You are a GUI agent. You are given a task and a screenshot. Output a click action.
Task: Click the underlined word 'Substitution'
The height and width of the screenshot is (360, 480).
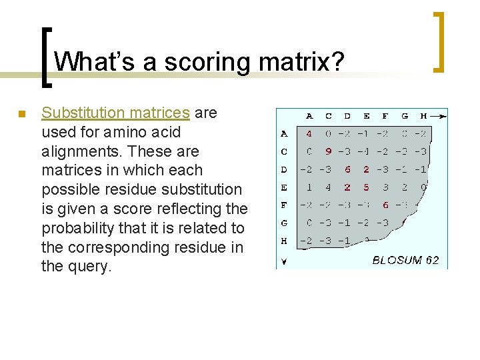pos(82,113)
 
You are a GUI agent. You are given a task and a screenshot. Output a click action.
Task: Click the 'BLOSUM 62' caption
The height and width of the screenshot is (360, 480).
pos(405,260)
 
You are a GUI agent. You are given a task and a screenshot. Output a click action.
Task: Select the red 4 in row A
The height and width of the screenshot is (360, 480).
pos(309,134)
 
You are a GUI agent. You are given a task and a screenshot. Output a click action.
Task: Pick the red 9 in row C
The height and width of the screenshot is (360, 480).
pos(328,151)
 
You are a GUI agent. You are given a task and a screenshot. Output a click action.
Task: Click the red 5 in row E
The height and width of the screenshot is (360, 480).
pos(366,187)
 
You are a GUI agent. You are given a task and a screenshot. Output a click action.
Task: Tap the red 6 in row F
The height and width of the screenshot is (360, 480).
pos(385,205)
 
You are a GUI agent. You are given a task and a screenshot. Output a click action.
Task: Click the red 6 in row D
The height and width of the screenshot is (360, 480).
pos(347,169)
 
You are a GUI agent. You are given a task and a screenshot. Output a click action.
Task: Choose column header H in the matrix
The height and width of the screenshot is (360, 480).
pos(423,116)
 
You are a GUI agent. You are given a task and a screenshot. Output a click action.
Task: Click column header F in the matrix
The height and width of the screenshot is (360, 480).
pos(385,116)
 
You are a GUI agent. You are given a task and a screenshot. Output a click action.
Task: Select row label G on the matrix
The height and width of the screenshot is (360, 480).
pos(285,223)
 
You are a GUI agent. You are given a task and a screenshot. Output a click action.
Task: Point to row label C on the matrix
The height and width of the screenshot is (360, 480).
pos(285,151)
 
